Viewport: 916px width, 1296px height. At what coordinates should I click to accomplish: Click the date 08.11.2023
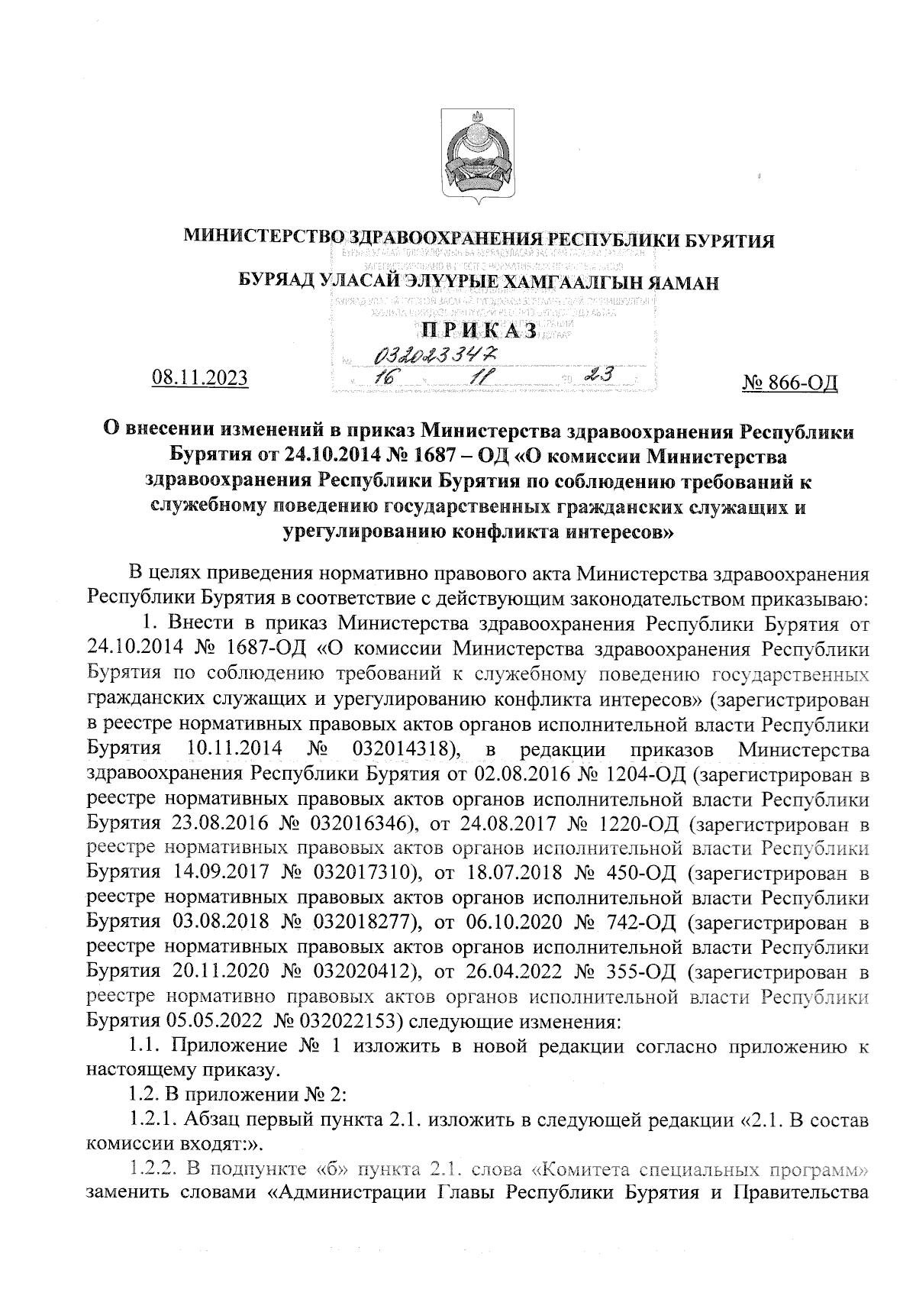(x=201, y=377)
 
